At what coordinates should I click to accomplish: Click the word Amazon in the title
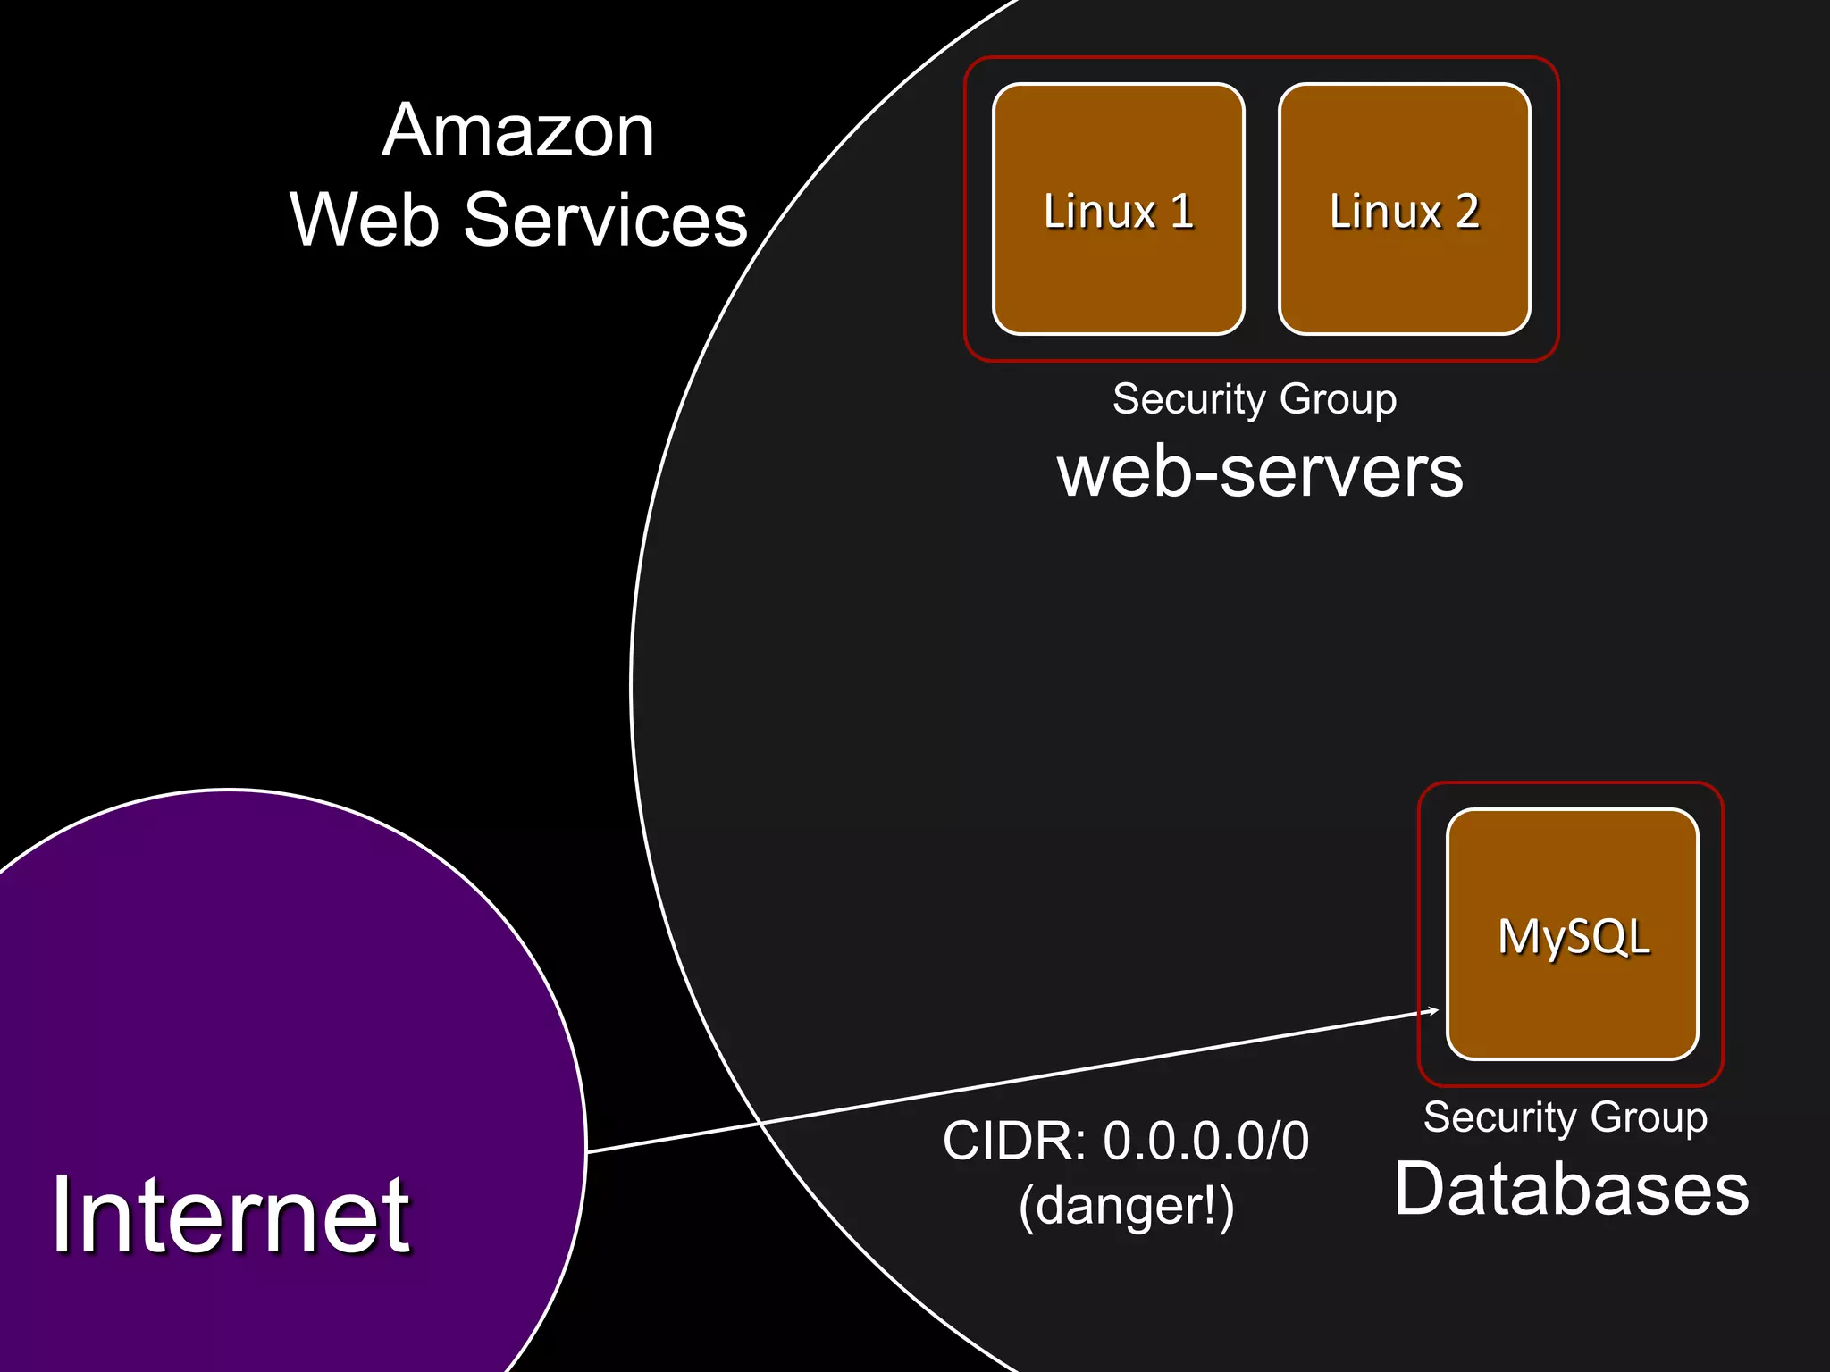(518, 131)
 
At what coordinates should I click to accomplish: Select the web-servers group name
(1260, 472)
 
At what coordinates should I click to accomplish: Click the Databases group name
(1571, 1189)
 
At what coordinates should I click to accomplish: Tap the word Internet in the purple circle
(231, 1215)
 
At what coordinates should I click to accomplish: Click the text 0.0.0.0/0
(1205, 1141)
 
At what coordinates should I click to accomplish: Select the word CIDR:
(1014, 1141)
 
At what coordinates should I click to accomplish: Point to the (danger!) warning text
(1126, 1207)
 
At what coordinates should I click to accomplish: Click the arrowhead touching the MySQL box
(1433, 1011)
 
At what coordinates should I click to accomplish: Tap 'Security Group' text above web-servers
(1255, 398)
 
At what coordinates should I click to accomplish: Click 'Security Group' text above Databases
(1566, 1117)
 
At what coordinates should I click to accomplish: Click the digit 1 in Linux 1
(1182, 212)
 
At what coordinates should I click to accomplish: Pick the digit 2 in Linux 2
(1467, 212)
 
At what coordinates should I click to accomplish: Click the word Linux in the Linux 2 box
(1385, 212)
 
